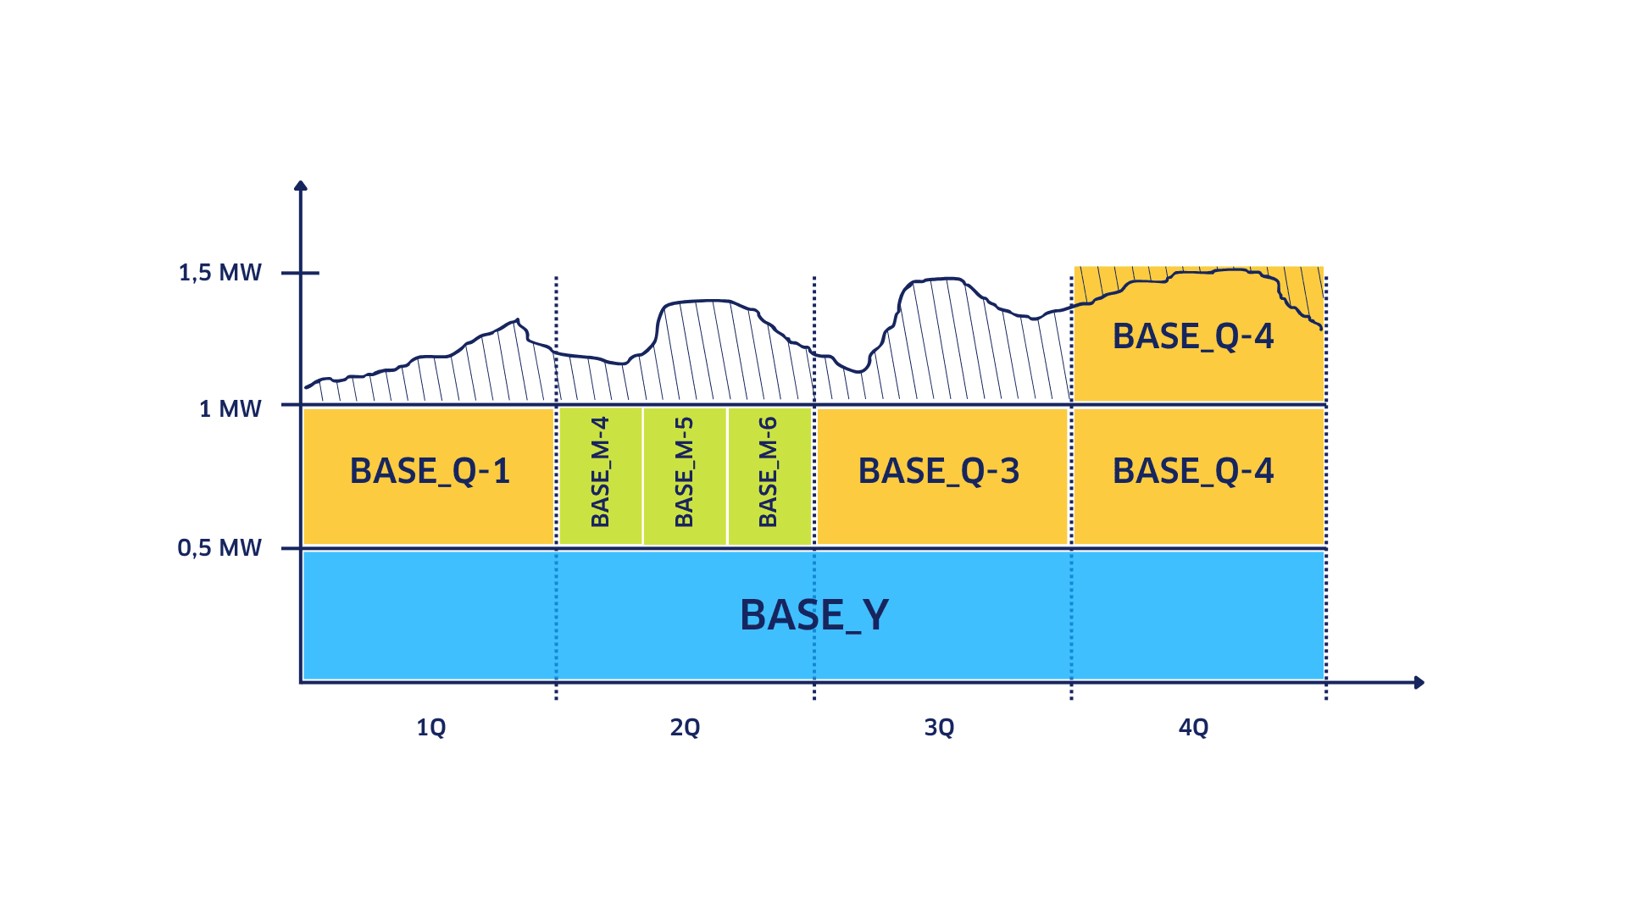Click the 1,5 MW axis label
tap(219, 273)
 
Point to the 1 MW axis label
tap(230, 409)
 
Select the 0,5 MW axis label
tap(219, 548)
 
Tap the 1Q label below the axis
tap(430, 727)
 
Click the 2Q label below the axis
tap(685, 727)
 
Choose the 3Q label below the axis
tap(939, 727)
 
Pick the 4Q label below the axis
tap(1193, 727)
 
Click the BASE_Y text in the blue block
tap(814, 615)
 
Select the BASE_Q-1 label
tap(430, 471)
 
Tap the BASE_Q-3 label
tap(939, 471)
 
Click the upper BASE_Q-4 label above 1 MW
tap(1193, 336)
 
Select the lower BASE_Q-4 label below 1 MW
tap(1193, 471)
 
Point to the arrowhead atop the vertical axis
tap(300, 186)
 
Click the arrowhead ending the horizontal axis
tap(1419, 682)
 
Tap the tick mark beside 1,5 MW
tap(301, 273)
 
